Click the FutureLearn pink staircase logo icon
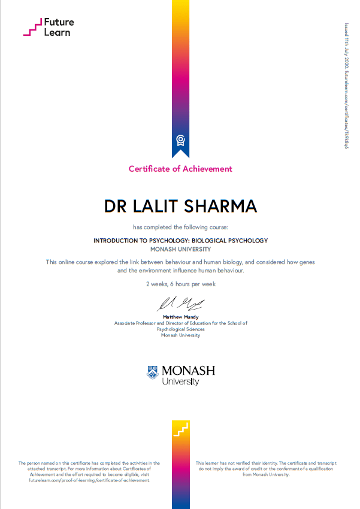point(31,27)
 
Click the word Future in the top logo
point(59,22)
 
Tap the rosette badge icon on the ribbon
point(180,140)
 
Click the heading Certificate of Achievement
point(180,169)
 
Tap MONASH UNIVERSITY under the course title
point(180,249)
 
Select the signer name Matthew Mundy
point(180,317)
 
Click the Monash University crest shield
point(153,372)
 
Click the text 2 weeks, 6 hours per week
point(180,284)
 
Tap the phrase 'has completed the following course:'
point(180,227)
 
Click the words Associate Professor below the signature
point(137,323)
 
